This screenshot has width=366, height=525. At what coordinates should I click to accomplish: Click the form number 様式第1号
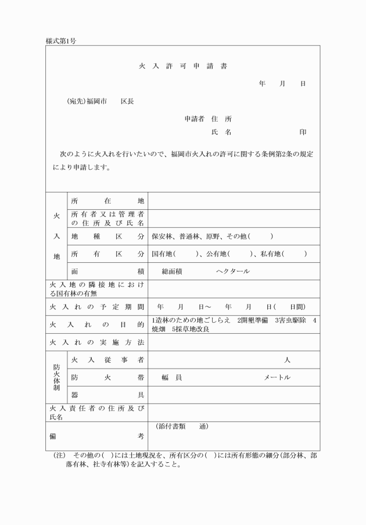60,41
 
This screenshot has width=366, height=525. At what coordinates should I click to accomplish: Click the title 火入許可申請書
183,66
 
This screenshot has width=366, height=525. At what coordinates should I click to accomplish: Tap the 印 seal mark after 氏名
303,133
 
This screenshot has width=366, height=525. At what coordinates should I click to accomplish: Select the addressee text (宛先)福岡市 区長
101,102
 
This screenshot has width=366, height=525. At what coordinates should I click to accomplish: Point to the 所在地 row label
107,201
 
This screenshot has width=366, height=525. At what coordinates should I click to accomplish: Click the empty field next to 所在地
234,201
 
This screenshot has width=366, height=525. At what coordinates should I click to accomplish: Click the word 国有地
162,254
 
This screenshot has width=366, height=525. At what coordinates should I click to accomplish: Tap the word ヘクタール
232,272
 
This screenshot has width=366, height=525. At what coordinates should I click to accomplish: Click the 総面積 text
173,272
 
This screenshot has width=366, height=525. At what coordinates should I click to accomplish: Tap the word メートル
277,377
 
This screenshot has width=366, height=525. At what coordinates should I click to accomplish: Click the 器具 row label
107,395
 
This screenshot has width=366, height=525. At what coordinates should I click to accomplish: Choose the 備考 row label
96,435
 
